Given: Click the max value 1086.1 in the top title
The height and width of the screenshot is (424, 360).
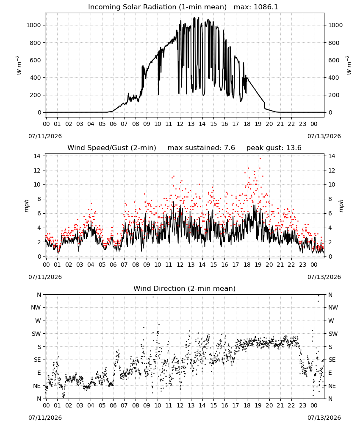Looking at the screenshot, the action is pyautogui.click(x=266, y=7).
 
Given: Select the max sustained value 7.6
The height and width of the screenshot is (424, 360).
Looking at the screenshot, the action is pyautogui.click(x=229, y=148).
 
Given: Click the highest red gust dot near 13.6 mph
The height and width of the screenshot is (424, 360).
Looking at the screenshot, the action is pyautogui.click(x=260, y=159).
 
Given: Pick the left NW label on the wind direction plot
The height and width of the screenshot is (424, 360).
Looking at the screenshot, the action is pyautogui.click(x=36, y=307).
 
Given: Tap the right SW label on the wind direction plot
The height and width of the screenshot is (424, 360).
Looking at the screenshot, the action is pyautogui.click(x=333, y=334).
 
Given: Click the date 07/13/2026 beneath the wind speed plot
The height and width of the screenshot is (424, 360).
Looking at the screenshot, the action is pyautogui.click(x=324, y=277).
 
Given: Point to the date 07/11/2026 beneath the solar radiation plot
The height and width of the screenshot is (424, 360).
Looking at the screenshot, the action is pyautogui.click(x=45, y=136).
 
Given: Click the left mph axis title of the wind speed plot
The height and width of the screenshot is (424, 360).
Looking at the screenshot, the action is pyautogui.click(x=26, y=206).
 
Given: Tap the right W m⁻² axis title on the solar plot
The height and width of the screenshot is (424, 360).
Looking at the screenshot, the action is pyautogui.click(x=349, y=65).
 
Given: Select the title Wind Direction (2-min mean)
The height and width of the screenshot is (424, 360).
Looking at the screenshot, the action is pyautogui.click(x=185, y=288).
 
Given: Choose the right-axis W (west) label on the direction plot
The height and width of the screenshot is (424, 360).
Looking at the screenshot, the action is pyautogui.click(x=331, y=321).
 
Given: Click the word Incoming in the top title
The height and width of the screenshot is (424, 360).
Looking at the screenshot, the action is pyautogui.click(x=102, y=7).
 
